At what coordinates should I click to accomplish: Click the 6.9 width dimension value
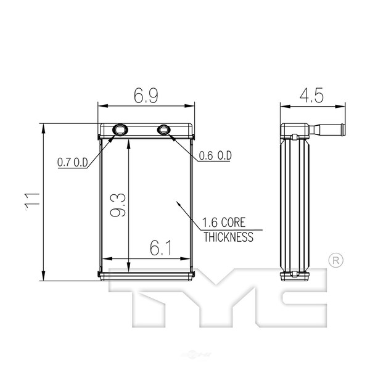[146, 96]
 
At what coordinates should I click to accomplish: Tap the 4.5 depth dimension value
[311, 96]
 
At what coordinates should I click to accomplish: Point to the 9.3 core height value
[118, 205]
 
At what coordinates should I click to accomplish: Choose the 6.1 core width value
[161, 249]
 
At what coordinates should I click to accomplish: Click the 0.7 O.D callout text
[72, 162]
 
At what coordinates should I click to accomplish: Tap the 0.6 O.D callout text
[215, 155]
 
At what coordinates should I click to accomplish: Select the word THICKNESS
[228, 237]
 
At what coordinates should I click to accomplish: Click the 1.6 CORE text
[224, 223]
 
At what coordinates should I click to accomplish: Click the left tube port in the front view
[120, 129]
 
